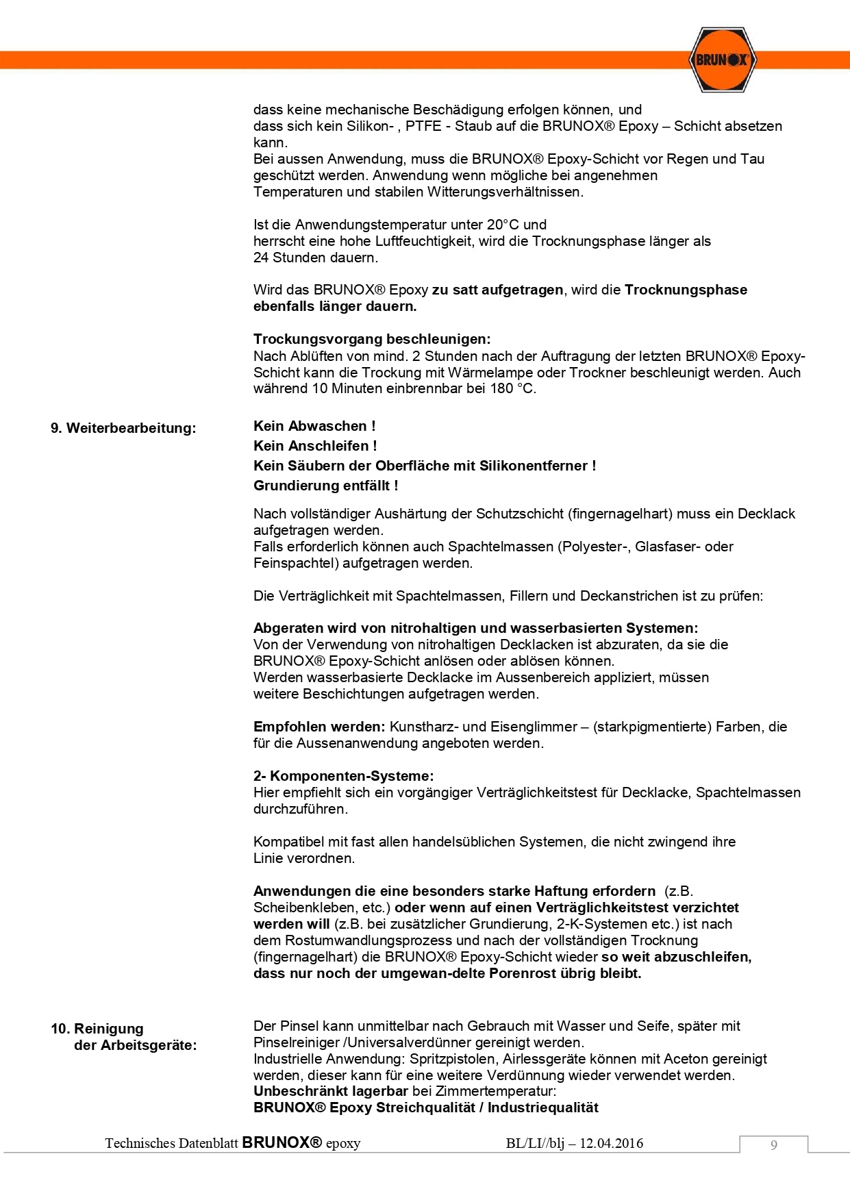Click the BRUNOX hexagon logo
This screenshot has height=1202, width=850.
pos(721,60)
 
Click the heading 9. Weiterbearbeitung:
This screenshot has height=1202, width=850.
pos(123,428)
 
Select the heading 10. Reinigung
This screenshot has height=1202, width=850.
pos(97,1029)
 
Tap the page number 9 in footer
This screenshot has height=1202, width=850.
pos(773,1145)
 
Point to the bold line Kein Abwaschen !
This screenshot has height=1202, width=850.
pos(314,426)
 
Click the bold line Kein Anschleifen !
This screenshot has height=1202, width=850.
pos(315,446)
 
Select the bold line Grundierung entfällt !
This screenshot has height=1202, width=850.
pos(325,486)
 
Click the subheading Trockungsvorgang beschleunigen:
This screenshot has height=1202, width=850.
pos(372,339)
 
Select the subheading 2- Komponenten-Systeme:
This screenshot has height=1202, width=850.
pos(343,776)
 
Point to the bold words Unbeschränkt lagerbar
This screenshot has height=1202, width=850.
pos(331,1091)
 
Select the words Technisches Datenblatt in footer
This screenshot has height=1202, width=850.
pos(171,1143)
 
